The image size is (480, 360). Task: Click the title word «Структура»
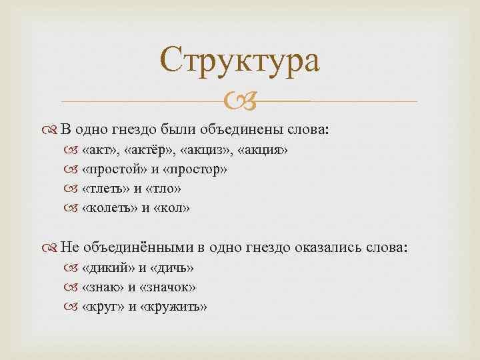(x=240, y=60)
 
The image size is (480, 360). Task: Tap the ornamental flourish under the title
(x=239, y=102)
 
